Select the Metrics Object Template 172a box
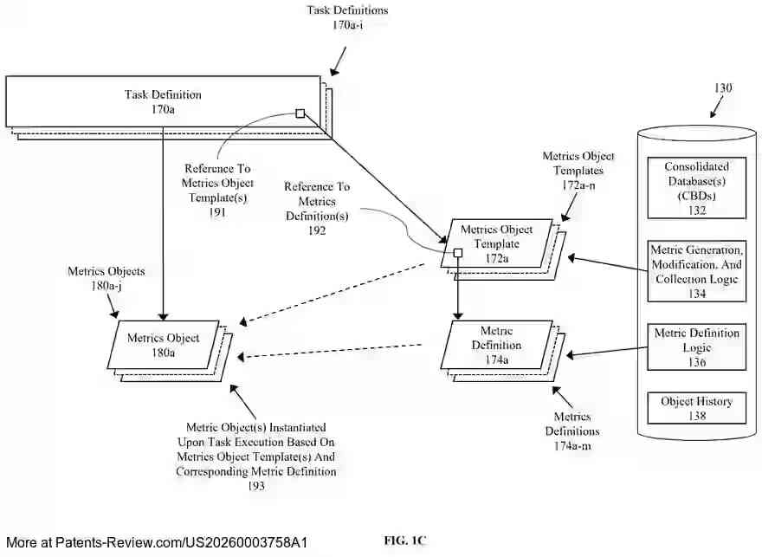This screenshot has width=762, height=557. coord(502,243)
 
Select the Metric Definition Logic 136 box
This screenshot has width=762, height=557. coord(697,347)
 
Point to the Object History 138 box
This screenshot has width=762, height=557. coord(697,408)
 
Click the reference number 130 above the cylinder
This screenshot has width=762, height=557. coord(722,87)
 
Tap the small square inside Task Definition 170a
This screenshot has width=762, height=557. coord(300,113)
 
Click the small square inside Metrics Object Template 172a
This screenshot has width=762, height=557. coord(458,254)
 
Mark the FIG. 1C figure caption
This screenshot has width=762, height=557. coord(405,540)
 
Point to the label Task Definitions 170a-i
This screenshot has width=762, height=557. coord(347,17)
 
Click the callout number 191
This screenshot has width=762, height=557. coord(217,211)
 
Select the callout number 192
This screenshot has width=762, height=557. coord(317,231)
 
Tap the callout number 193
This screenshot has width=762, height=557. coord(255,486)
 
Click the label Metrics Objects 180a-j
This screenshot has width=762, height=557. coord(107,277)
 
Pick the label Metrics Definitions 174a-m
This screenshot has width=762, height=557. coord(571,431)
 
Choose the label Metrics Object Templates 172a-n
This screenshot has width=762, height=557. coord(578,171)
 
